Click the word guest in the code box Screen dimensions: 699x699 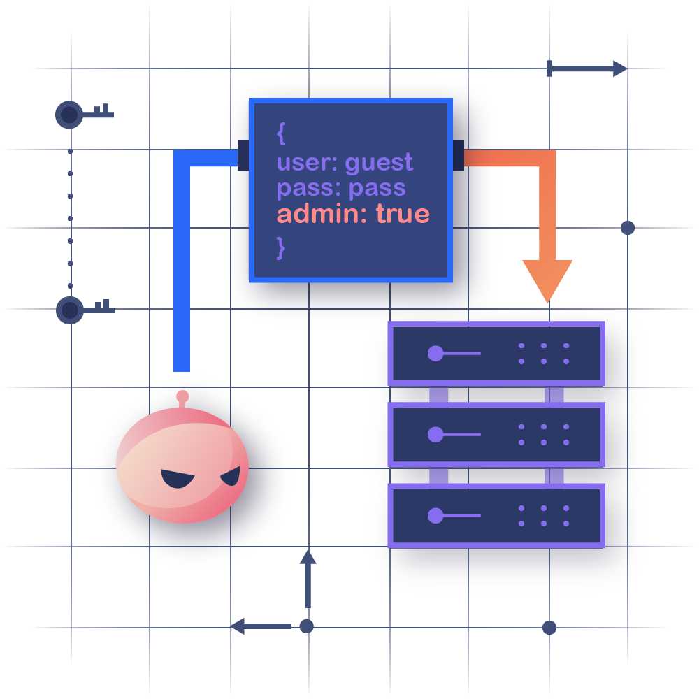click(x=379, y=164)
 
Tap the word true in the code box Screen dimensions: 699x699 click(x=403, y=214)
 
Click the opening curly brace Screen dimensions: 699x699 click(x=281, y=133)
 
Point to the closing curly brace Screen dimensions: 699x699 click(x=281, y=247)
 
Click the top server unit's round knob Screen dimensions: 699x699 click(x=435, y=353)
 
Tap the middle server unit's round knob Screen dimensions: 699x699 click(x=435, y=434)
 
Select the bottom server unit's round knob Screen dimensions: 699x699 click(x=435, y=516)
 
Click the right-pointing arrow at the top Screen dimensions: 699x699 click(x=587, y=69)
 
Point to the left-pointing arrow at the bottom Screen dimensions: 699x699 click(x=260, y=626)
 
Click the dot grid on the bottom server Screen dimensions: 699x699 click(x=543, y=516)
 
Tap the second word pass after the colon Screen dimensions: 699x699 click(x=377, y=189)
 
